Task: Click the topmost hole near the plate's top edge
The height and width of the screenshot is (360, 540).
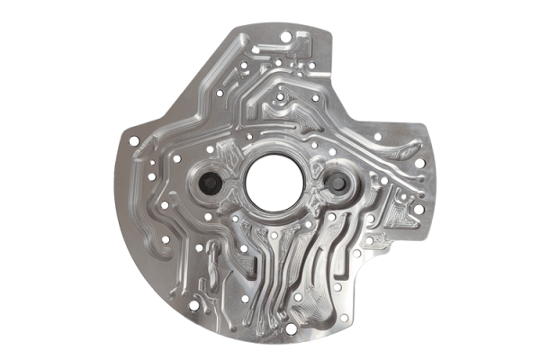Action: [285, 37]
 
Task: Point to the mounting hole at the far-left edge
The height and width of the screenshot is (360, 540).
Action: [134, 141]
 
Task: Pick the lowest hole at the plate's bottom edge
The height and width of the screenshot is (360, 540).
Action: [291, 328]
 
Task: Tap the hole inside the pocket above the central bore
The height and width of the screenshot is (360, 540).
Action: [282, 96]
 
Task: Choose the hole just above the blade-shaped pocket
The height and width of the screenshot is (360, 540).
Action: [377, 137]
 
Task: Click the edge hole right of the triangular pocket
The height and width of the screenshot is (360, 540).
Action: [418, 209]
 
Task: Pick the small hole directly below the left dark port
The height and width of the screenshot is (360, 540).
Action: [208, 217]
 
